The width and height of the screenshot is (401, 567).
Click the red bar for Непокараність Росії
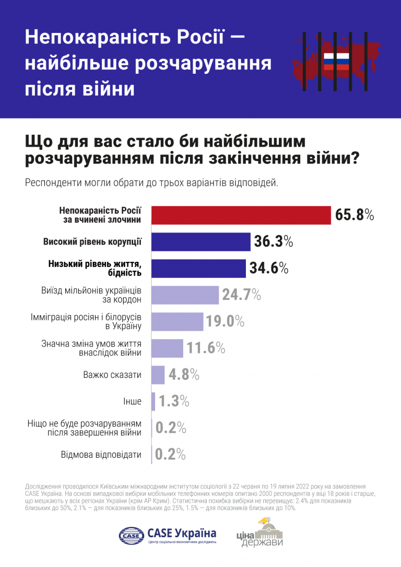[241, 215]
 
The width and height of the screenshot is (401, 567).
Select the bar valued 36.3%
[201, 242]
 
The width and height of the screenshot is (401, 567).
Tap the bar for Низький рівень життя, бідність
[198, 269]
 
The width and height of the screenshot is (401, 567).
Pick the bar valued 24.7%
[185, 295]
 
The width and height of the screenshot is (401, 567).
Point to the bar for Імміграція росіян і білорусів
[177, 322]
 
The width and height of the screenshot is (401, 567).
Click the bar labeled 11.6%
[167, 349]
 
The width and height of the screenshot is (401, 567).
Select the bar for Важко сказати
[158, 375]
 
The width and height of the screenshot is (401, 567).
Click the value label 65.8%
[355, 215]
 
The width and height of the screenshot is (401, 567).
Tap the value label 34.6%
[269, 269]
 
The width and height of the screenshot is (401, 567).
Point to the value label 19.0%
[225, 322]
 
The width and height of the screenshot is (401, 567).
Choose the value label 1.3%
[173, 402]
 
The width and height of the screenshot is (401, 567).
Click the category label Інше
[133, 402]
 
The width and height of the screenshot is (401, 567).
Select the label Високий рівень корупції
[92, 242]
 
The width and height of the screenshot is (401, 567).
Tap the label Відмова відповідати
[101, 455]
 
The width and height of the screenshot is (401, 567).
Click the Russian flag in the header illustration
[336, 61]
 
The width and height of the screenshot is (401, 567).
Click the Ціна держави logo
[260, 534]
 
